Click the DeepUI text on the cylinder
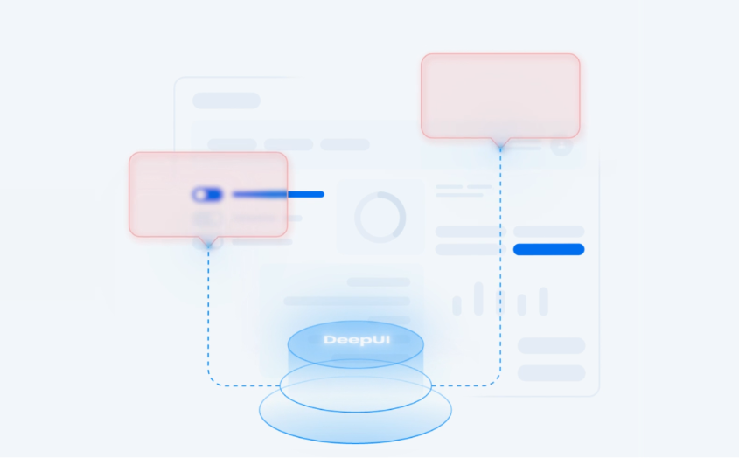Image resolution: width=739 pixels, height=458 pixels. pos(357,340)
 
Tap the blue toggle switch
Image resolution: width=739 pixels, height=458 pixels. pos(207,195)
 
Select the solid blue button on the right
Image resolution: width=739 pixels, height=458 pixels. pos(548,249)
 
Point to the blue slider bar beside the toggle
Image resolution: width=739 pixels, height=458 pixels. pos(278,194)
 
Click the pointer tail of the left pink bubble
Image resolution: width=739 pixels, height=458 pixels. pos(208,241)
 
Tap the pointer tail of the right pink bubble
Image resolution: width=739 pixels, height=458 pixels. pos(500,143)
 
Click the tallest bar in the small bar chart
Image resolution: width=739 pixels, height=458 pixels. pos(478,299)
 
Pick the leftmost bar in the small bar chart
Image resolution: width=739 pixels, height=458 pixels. pos(457,306)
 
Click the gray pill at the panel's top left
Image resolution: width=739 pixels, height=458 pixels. pos(227,101)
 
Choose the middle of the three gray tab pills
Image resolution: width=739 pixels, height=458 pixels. pos(289,144)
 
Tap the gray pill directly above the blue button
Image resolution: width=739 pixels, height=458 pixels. pos(548,232)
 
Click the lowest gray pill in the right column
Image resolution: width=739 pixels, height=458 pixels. pos(552,373)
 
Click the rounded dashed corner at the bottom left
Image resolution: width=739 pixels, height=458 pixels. pos(213,381)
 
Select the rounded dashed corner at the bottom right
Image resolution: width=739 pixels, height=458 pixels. pos(495,381)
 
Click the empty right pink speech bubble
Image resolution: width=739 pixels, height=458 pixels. pos(500,95)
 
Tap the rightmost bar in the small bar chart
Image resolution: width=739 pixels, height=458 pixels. pos(543,301)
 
